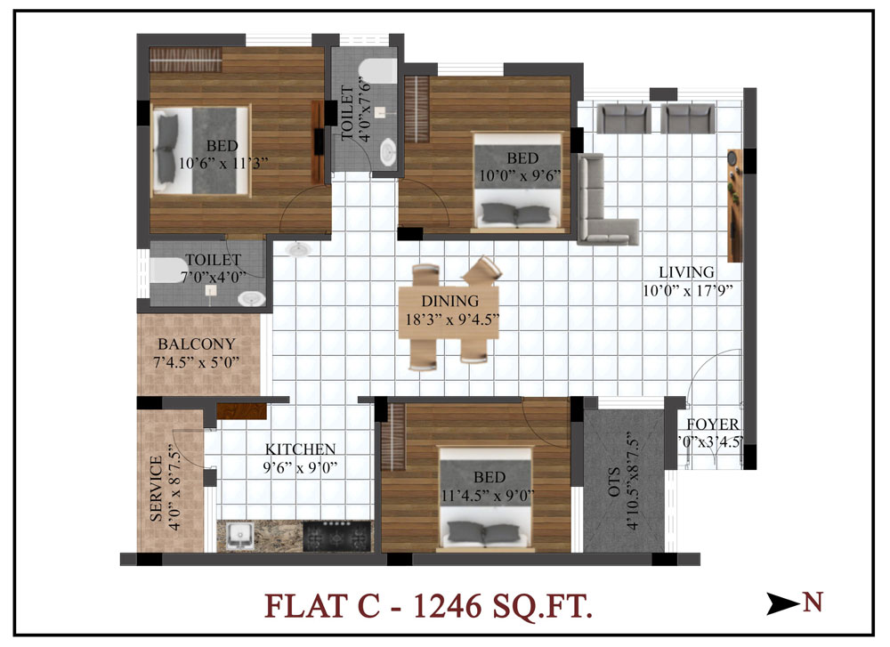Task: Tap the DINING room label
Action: pyautogui.click(x=450, y=301)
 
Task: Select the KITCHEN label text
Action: pyautogui.click(x=300, y=449)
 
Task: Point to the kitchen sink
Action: pyautogui.click(x=239, y=537)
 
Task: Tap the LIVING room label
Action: pyautogui.click(x=686, y=271)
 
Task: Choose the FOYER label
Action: pyautogui.click(x=713, y=424)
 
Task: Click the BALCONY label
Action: pyautogui.click(x=197, y=344)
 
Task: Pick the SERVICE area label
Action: pyautogui.click(x=156, y=489)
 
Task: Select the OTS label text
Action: pyautogui.click(x=614, y=481)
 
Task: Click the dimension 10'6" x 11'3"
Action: pyautogui.click(x=223, y=164)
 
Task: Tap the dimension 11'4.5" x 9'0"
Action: pyautogui.click(x=488, y=496)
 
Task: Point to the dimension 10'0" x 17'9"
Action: pyautogui.click(x=688, y=291)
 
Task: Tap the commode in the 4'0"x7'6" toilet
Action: pyautogui.click(x=377, y=71)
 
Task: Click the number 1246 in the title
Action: pyautogui.click(x=448, y=606)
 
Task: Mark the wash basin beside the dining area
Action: pyautogui.click(x=297, y=248)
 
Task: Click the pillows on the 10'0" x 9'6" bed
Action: pyautogui.click(x=515, y=214)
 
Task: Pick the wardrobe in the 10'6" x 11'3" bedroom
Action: pyautogui.click(x=186, y=60)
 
